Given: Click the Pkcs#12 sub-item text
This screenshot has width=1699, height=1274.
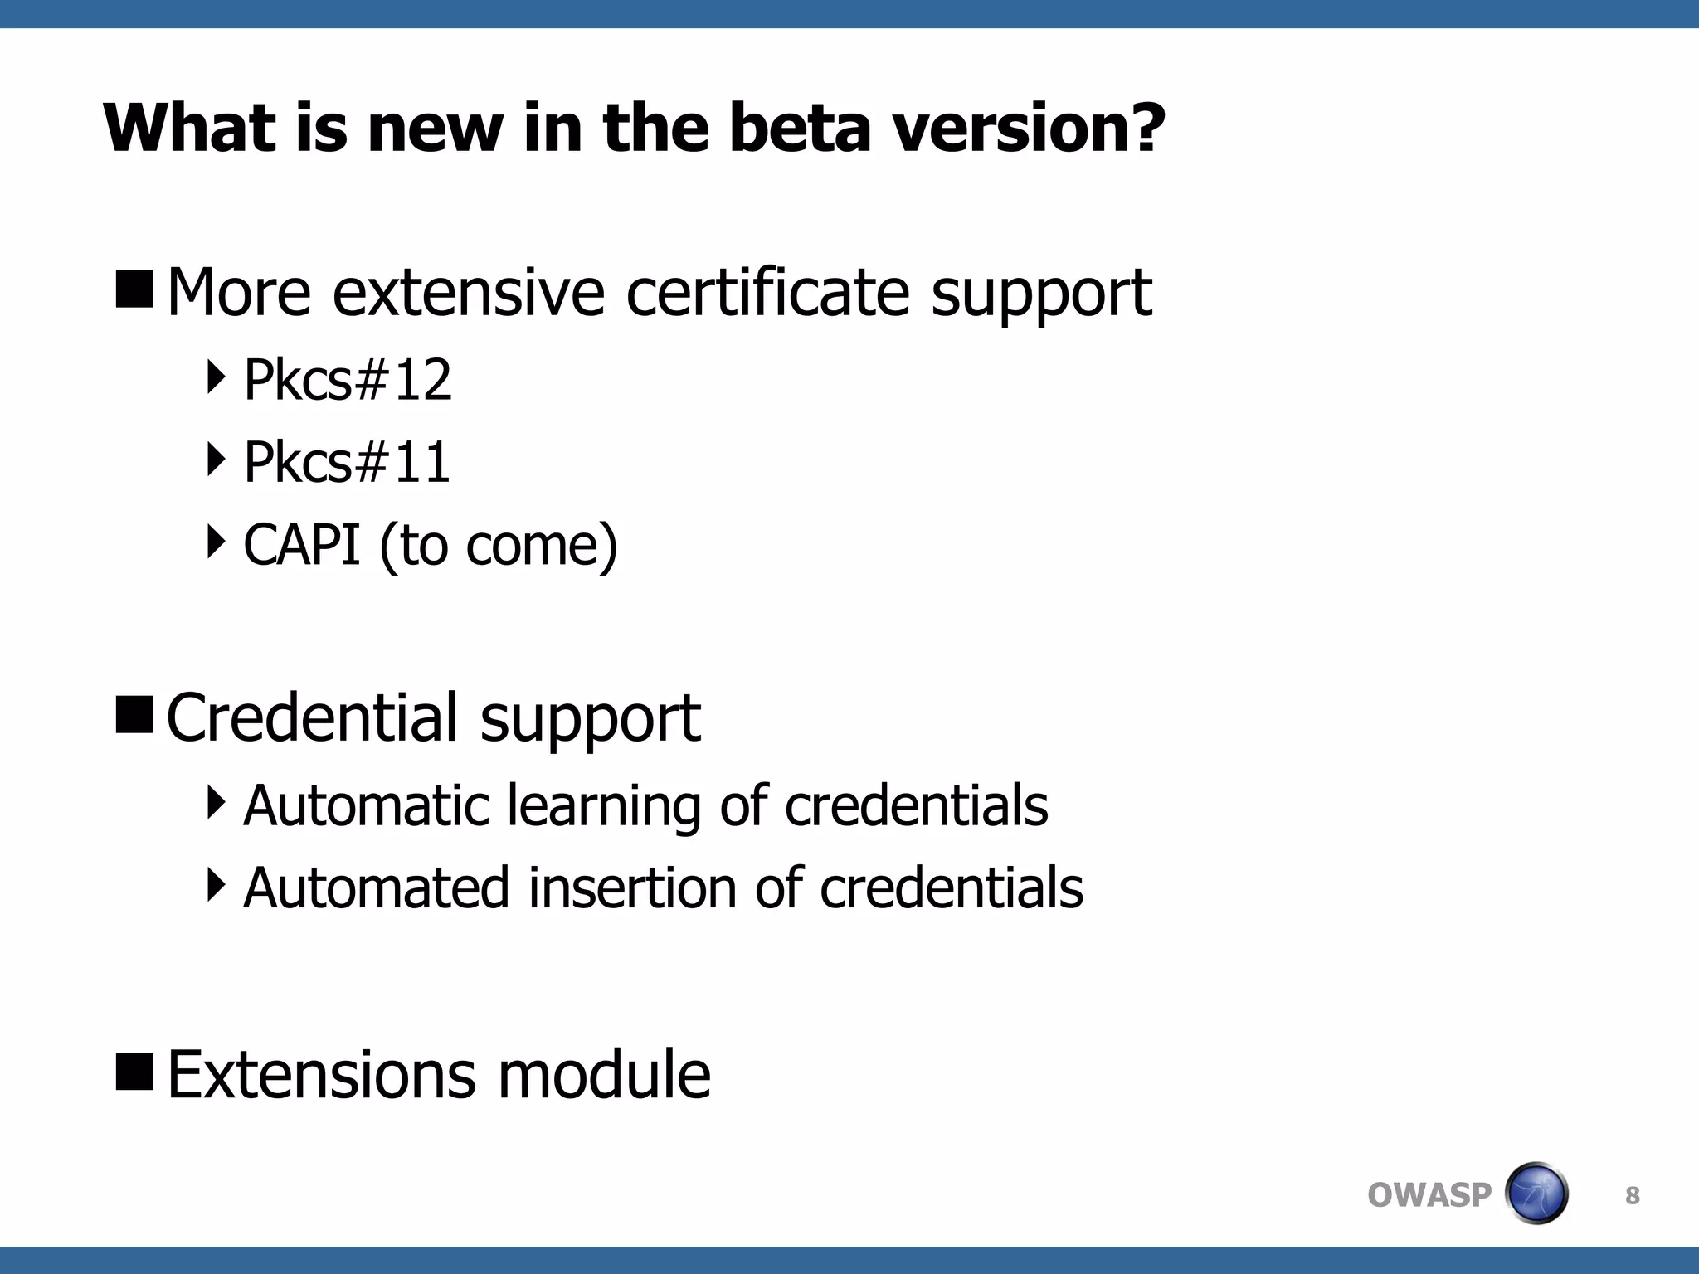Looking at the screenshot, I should point(348,381).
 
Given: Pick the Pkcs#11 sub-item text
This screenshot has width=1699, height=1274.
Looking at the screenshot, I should point(347,462).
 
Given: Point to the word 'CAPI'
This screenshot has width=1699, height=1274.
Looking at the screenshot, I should point(302,545).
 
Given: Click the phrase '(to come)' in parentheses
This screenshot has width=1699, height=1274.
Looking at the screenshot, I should point(499,547).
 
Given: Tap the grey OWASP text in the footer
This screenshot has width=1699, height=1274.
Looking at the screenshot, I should point(1429,1195).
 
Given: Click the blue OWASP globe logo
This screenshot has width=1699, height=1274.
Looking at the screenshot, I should point(1536,1194).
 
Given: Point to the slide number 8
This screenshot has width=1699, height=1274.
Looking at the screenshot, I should point(1632,1195).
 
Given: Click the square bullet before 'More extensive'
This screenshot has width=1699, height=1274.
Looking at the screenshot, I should point(134,288).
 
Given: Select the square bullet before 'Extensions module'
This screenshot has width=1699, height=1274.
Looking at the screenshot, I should point(134,1070).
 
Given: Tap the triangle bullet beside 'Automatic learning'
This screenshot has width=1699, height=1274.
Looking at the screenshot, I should point(216,802).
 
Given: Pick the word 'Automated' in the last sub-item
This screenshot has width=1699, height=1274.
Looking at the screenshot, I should point(375,887).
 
